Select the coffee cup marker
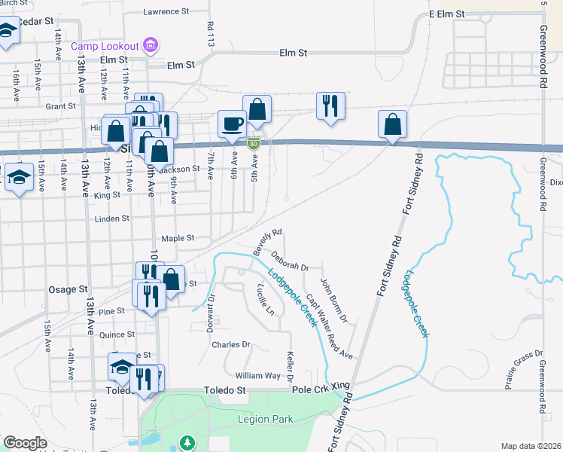tap(232, 123)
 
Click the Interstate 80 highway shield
tap(254, 142)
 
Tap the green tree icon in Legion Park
tap(187, 441)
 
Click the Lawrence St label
tap(166, 12)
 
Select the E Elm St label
tap(447, 14)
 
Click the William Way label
tap(257, 375)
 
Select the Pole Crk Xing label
tap(321, 385)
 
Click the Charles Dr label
tap(230, 345)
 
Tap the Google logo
tap(25, 443)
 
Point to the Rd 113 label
tap(210, 34)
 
